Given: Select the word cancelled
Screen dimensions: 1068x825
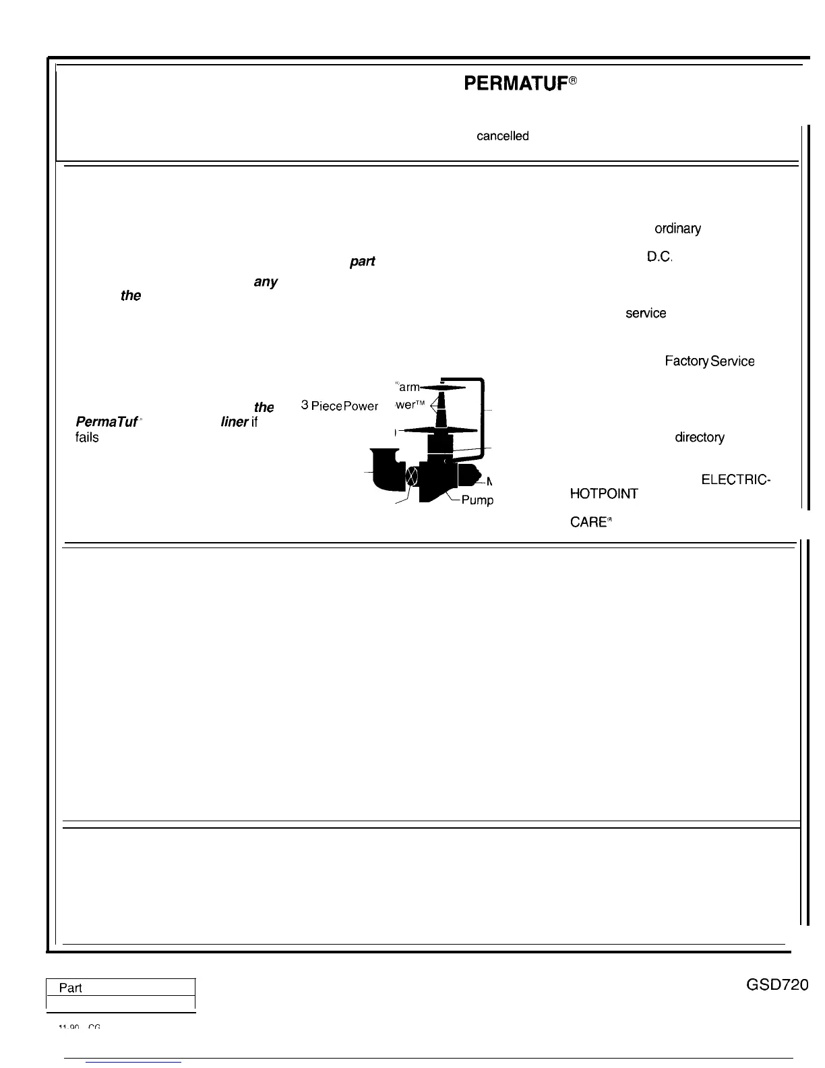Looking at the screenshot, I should click(x=502, y=136).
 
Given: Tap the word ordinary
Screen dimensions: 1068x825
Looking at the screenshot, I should click(x=677, y=229).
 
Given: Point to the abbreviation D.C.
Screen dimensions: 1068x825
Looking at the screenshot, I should click(x=660, y=257).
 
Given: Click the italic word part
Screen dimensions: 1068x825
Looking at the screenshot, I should click(x=362, y=262).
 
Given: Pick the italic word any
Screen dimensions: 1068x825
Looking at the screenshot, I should click(x=266, y=282).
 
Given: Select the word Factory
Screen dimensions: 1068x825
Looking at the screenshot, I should click(x=685, y=361).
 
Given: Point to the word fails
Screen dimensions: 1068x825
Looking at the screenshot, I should click(x=87, y=438).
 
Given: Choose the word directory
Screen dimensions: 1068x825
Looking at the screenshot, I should click(x=700, y=438).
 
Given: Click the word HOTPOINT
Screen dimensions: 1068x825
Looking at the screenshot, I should click(x=603, y=494).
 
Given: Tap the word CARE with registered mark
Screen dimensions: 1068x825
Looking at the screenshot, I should click(x=590, y=523).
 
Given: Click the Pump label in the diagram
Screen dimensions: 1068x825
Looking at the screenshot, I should click(x=477, y=500).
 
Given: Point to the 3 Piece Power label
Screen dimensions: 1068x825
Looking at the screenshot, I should click(x=339, y=406).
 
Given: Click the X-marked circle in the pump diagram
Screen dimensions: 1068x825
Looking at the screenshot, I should click(x=413, y=477).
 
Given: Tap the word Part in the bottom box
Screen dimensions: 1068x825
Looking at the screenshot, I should click(x=71, y=988).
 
